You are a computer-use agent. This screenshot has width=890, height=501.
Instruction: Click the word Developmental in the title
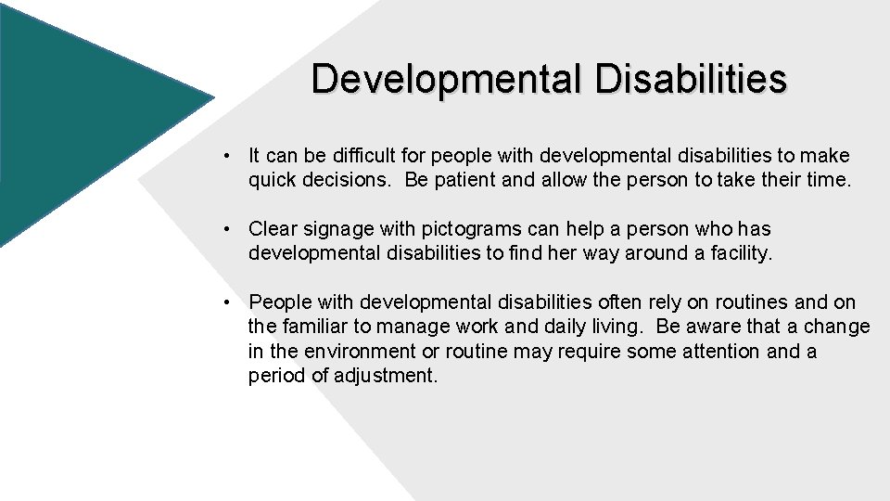tap(448, 79)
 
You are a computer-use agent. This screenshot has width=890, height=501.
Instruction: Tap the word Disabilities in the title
tap(691, 79)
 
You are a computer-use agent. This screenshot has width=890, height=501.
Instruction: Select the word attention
tap(719, 351)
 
